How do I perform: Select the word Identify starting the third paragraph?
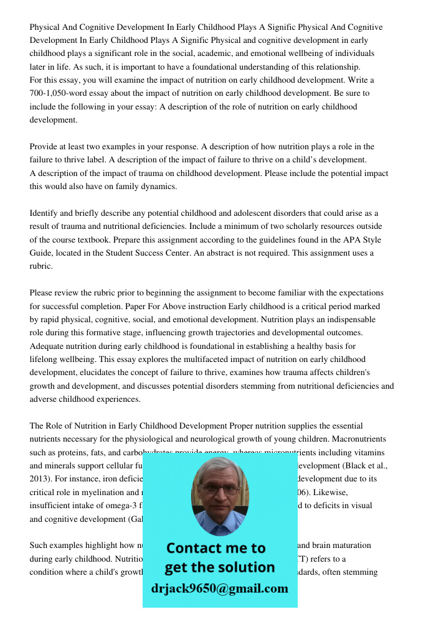45,213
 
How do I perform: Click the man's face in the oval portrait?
219,491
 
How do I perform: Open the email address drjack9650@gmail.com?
220,588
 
